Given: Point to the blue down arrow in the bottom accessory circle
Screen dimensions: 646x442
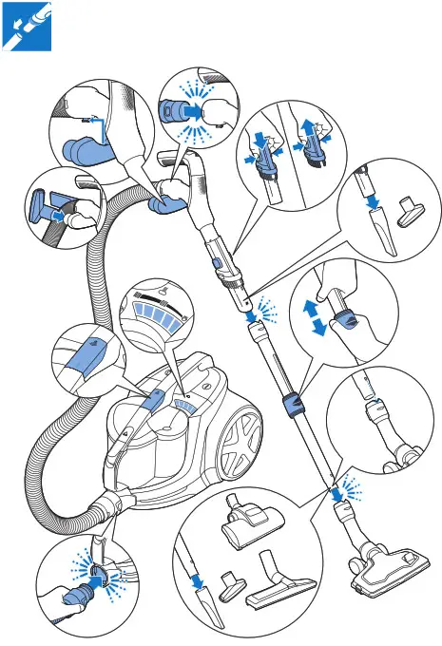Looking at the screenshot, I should point(197,578).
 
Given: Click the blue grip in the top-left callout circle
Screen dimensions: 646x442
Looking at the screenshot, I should point(81,152).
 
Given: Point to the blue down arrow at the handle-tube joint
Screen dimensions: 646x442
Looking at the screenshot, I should point(247,305).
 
